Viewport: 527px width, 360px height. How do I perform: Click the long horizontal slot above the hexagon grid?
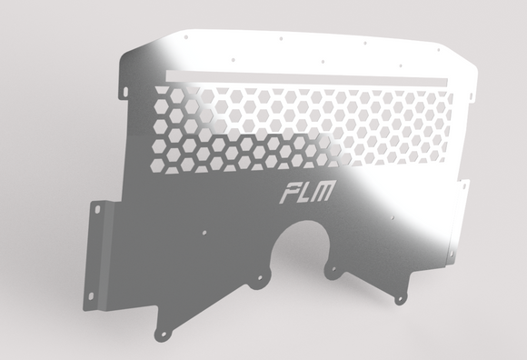[x=309, y=75]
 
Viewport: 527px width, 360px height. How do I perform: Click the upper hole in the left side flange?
[x=97, y=210]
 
